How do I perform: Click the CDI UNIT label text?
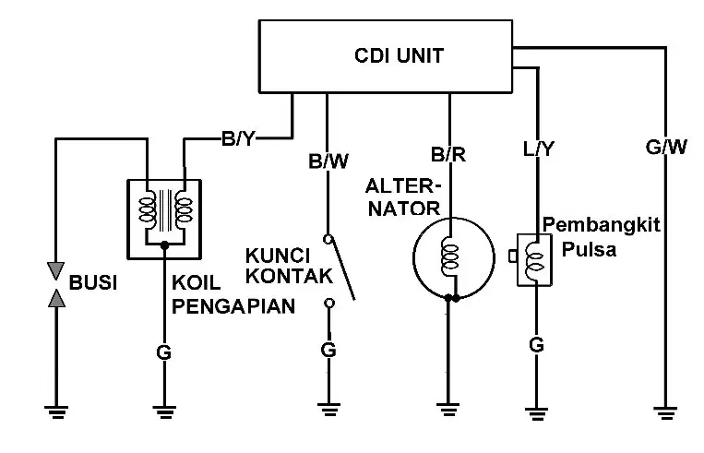(399, 55)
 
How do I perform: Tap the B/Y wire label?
(238, 138)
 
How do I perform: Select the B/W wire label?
(328, 161)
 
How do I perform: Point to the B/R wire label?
(448, 154)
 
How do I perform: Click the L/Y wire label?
(539, 149)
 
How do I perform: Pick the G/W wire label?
(666, 147)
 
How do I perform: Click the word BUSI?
(93, 283)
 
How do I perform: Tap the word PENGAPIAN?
(233, 306)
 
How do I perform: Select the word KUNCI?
(278, 256)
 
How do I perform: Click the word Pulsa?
(589, 249)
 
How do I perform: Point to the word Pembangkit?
(602, 224)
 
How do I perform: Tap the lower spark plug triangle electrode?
(56, 298)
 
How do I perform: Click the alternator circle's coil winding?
(450, 256)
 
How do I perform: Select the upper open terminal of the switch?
(328, 239)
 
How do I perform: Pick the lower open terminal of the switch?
(329, 304)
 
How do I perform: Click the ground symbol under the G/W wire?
(665, 412)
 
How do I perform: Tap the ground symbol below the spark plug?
(56, 411)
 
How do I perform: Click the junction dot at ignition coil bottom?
(165, 245)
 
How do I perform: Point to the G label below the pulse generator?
(536, 345)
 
